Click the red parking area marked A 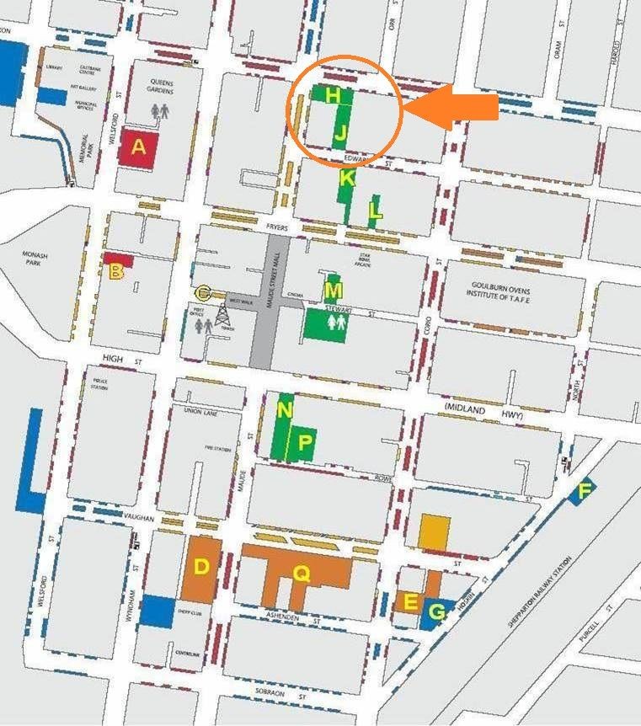point(138,148)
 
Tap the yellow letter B point(116,271)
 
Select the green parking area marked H point(333,95)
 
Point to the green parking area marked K point(347,179)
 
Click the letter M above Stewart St point(334,291)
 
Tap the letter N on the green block point(285,411)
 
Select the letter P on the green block point(306,441)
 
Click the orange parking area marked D point(202,567)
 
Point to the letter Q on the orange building point(301,573)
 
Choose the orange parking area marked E point(410,601)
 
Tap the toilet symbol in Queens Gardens point(160,109)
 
